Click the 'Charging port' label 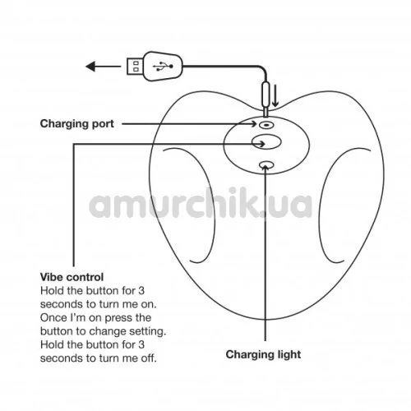tap(77, 124)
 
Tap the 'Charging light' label tap(263, 354)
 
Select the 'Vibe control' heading tap(72, 277)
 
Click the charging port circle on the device tap(266, 125)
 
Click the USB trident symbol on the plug tap(163, 67)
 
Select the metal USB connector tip tap(135, 66)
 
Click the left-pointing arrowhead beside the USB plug tap(90, 67)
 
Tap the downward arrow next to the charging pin tap(275, 95)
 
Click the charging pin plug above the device tap(266, 96)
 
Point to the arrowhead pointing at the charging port tap(253, 124)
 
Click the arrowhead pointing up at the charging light tap(266, 167)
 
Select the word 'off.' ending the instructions tap(149, 358)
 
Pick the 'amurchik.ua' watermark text tap(201, 203)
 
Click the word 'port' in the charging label tap(103, 124)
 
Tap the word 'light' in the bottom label tap(286, 354)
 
